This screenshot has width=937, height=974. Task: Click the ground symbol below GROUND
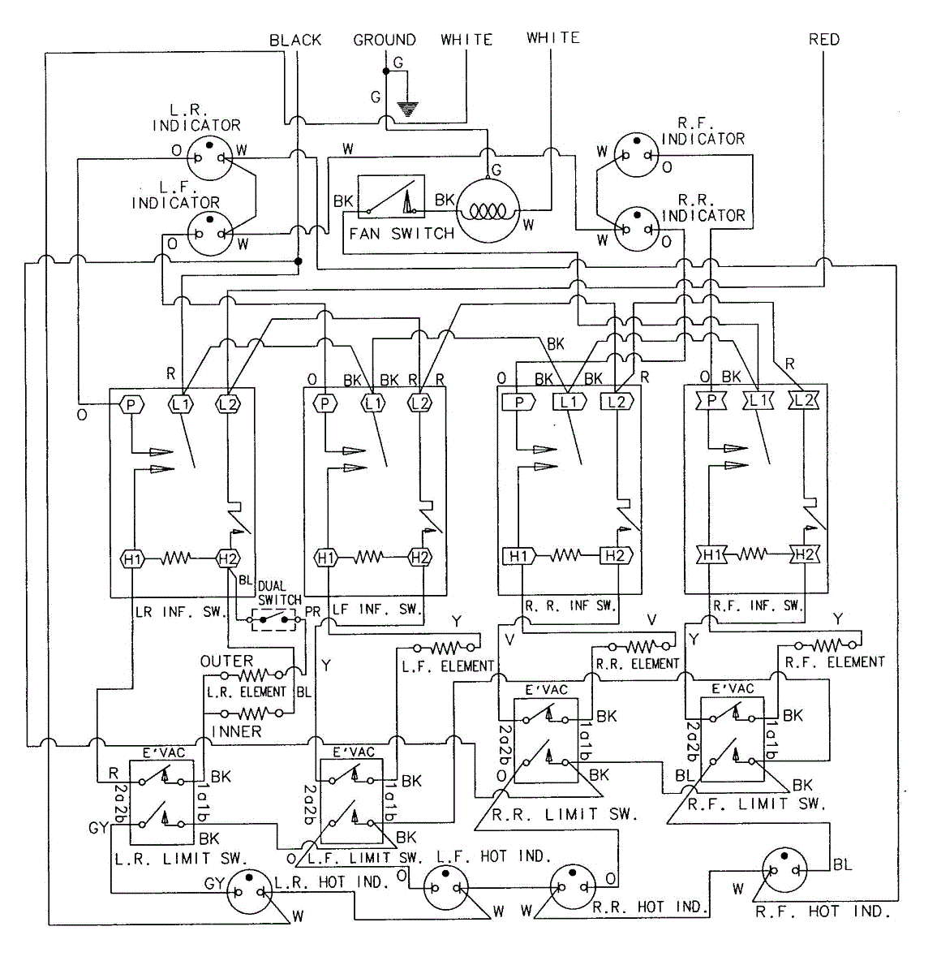[x=408, y=109]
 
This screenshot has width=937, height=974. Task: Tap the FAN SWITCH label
[x=402, y=233]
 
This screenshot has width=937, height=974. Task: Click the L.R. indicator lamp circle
[x=209, y=157]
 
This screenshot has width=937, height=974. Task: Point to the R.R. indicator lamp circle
[x=637, y=229]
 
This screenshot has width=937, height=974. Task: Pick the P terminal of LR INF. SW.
[x=131, y=404]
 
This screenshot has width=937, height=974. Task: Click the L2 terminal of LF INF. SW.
[x=419, y=403]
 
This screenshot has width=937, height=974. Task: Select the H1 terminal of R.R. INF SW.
[x=518, y=555]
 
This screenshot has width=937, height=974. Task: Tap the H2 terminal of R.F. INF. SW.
[x=805, y=554]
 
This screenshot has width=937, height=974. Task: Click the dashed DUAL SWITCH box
[x=273, y=619]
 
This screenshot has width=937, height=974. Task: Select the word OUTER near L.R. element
[x=226, y=662]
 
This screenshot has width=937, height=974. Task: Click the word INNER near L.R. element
[x=236, y=732]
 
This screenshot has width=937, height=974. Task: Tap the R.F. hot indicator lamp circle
[x=784, y=870]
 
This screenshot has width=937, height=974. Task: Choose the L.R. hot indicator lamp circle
[x=250, y=891]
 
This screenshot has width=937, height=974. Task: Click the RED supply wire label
[x=824, y=39]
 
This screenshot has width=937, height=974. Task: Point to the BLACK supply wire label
[x=295, y=40]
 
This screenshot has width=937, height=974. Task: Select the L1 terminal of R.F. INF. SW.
[x=758, y=400]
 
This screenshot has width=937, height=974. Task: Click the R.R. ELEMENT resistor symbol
[x=638, y=646]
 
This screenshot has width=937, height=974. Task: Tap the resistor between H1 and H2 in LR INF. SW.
[x=175, y=558]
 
